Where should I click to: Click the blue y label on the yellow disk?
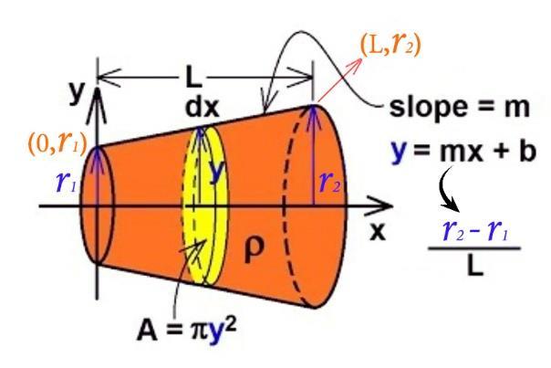[x=216, y=170]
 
